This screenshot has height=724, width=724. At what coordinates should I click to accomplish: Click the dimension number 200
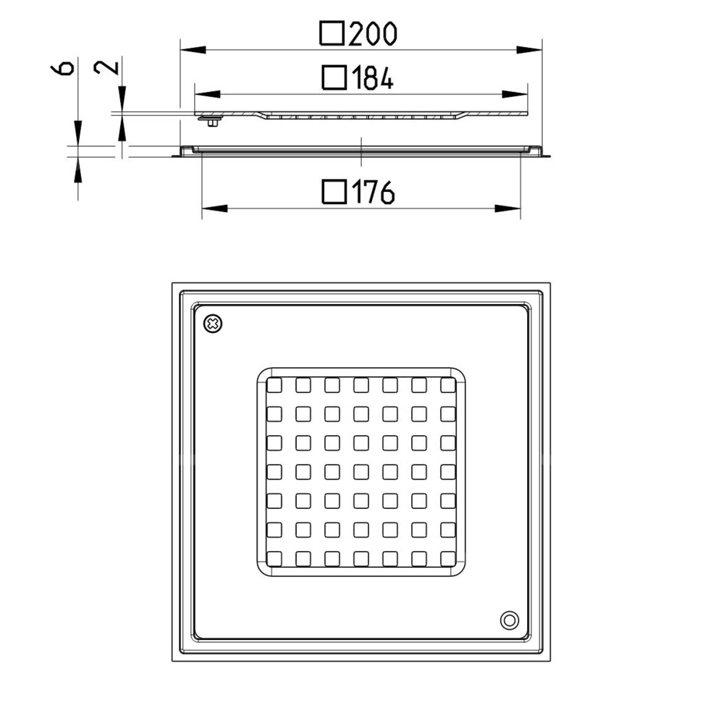pyautogui.click(x=373, y=34)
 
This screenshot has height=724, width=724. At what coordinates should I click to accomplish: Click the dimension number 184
pyautogui.click(x=373, y=77)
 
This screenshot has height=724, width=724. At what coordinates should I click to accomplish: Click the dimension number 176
pyautogui.click(x=373, y=192)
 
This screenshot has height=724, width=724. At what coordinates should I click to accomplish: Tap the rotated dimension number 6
pyautogui.click(x=62, y=67)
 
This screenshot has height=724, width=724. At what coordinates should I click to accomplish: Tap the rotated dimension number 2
pyautogui.click(x=106, y=67)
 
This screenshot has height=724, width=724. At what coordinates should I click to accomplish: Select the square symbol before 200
pyautogui.click(x=332, y=33)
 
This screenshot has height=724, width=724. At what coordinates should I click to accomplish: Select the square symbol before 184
pyautogui.click(x=334, y=77)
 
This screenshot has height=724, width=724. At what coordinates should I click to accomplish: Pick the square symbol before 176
pyautogui.click(x=334, y=192)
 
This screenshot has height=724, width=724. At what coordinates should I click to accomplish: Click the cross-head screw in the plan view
pyautogui.click(x=213, y=324)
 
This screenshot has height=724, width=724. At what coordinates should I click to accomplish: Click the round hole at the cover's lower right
pyautogui.click(x=509, y=620)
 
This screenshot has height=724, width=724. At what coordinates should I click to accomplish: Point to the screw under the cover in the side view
pyautogui.click(x=212, y=122)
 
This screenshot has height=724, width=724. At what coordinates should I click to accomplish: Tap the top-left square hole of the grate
pyautogui.click(x=274, y=385)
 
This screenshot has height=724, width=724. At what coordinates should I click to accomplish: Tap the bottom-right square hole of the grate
pyautogui.click(x=448, y=559)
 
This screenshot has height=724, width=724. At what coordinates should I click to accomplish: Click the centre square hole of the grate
pyautogui.click(x=361, y=472)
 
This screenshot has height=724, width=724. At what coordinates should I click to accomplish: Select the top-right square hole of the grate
pyautogui.click(x=448, y=385)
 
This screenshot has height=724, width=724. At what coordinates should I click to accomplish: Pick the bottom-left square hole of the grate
pyautogui.click(x=274, y=559)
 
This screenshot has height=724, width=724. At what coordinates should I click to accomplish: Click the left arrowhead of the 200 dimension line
pyautogui.click(x=193, y=49)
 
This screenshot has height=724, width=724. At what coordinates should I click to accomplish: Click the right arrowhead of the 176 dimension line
pyautogui.click(x=508, y=209)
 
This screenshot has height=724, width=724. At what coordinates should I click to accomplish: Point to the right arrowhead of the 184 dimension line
pyautogui.click(x=514, y=94)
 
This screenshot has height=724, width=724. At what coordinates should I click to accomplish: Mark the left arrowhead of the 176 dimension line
pyautogui.click(x=215, y=209)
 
